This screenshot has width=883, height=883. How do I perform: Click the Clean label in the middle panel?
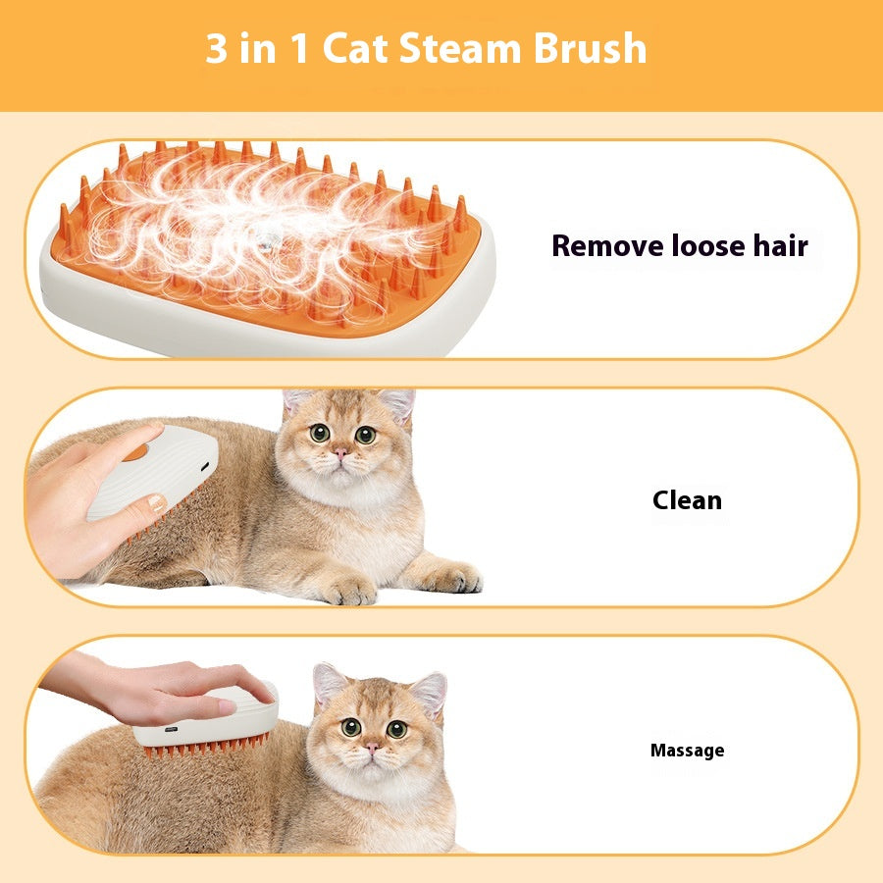tap(687, 500)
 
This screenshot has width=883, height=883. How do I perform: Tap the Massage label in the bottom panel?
tap(687, 751)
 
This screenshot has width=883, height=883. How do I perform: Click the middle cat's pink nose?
tap(338, 453)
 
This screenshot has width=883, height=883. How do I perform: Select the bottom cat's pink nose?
tap(372, 748)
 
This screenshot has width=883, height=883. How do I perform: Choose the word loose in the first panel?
tap(702, 245)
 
